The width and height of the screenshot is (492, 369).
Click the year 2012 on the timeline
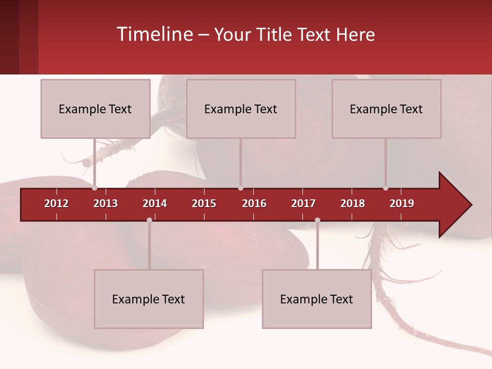coord(56,203)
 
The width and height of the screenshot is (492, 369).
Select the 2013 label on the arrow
coord(106,203)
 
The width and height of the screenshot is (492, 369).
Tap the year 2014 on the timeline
coord(155,203)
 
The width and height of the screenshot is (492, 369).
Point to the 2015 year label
coord(204,203)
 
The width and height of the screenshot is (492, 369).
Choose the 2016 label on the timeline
coord(254,203)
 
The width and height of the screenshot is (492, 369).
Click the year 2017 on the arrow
coord(303,203)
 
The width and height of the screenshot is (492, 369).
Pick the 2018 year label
coord(353,203)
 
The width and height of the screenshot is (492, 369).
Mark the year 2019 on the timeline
coord(402,203)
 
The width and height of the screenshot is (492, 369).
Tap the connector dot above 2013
coord(94,188)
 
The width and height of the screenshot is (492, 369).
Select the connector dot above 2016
coord(240,188)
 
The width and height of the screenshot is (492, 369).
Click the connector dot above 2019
coord(385,188)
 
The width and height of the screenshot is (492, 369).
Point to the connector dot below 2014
coord(149,220)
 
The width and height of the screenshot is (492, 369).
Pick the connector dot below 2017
coord(317,220)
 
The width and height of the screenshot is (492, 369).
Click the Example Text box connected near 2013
coord(95,109)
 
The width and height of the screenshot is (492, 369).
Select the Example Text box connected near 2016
coord(241,109)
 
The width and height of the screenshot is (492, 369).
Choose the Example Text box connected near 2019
coord(386,109)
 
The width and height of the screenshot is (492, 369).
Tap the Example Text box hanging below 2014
coord(149,299)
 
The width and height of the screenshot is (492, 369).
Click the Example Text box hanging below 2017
coord(317,299)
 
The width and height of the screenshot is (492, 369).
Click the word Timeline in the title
coord(154,34)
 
